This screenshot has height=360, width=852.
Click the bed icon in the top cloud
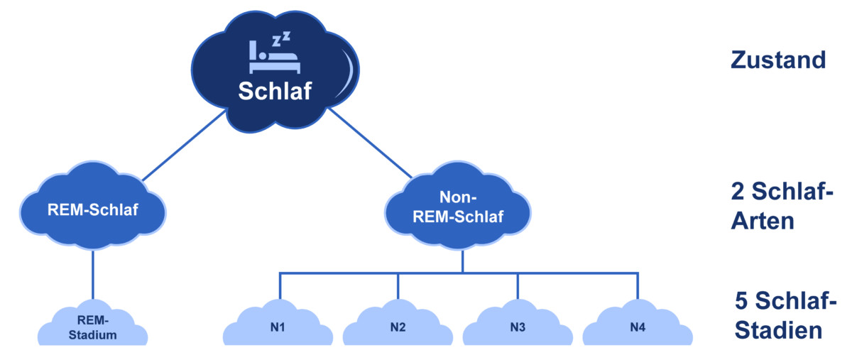275,57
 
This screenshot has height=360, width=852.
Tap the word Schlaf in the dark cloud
275,91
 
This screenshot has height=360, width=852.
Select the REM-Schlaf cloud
93,205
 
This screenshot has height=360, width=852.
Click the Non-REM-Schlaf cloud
458,205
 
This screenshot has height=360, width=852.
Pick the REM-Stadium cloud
93,324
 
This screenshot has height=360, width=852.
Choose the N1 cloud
278,324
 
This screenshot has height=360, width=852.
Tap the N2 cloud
398,324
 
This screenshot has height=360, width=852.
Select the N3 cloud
518,324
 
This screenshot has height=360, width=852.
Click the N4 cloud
638,324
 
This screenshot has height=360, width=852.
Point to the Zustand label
778,60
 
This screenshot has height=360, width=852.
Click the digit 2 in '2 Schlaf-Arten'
738,191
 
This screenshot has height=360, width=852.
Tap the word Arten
763,221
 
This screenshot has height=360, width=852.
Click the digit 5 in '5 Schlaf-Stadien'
741,300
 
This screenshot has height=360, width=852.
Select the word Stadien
779,330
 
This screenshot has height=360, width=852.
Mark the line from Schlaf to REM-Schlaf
184,146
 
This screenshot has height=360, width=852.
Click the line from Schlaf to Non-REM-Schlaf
371,143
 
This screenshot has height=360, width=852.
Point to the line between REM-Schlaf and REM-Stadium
93,275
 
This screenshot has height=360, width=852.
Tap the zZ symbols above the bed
281,39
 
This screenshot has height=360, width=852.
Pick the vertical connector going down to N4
638,286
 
